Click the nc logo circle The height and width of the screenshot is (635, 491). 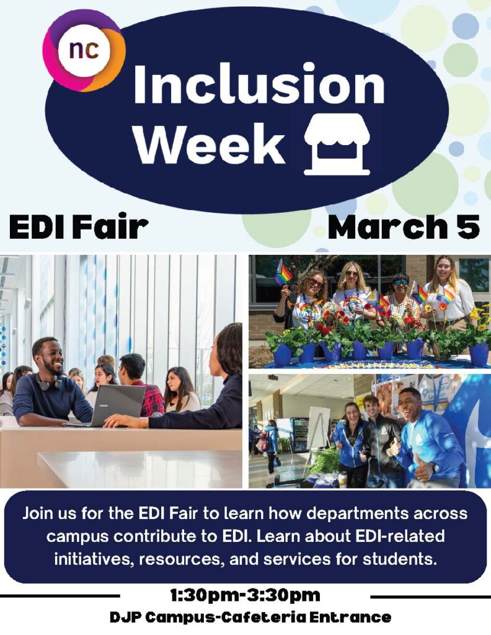(84, 51)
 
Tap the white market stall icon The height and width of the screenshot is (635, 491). (337, 144)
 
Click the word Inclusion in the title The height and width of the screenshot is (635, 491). (259, 84)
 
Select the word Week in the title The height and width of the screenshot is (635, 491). (210, 143)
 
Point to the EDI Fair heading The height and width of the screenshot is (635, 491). (79, 227)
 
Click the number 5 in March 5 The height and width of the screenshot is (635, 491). (468, 227)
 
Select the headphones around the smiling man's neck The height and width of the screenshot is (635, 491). (48, 382)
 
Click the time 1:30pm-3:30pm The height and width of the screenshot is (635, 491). (245, 595)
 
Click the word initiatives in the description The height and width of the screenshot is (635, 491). (94, 559)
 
